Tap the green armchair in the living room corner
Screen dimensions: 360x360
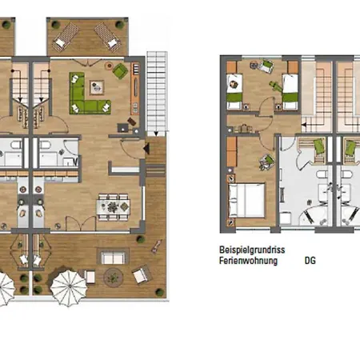(120, 72)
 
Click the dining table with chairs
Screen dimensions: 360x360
(114, 207)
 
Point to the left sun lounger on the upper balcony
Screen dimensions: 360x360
(63, 34)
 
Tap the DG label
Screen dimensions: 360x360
(310, 260)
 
